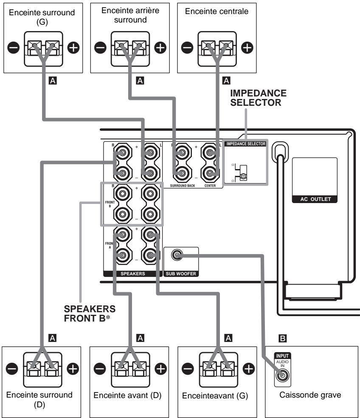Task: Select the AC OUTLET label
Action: coord(315,199)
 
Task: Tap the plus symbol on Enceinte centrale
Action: coord(247,48)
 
